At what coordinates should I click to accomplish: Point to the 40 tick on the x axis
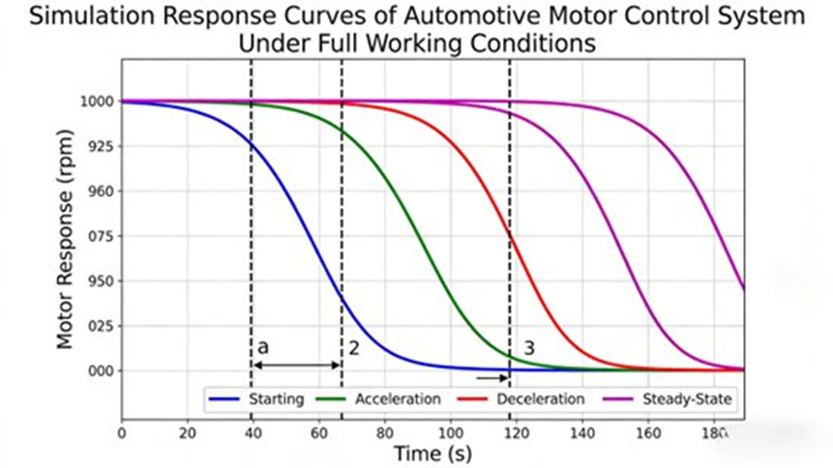point(252,433)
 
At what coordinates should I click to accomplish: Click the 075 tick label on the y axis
point(100,236)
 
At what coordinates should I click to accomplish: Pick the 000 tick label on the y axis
point(100,370)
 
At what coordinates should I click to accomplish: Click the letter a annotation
point(262,346)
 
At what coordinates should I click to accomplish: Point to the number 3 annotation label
point(529,347)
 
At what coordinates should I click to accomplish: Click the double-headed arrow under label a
point(296,365)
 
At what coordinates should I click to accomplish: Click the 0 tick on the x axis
point(121,433)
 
